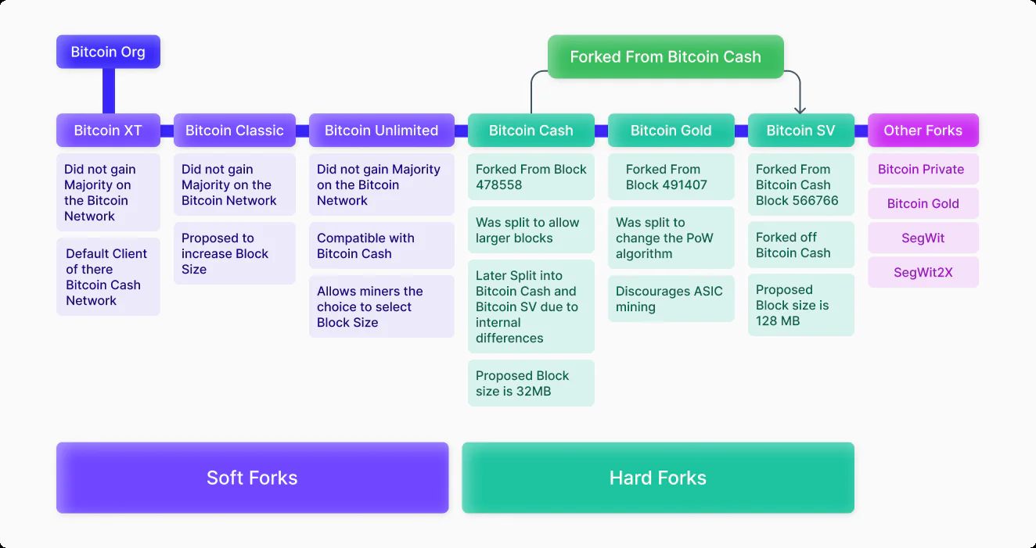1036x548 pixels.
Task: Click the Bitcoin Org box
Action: tap(108, 52)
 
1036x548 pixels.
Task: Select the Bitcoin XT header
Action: tap(108, 131)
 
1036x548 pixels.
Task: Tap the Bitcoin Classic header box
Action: tap(235, 131)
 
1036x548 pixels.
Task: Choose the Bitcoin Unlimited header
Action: tap(382, 131)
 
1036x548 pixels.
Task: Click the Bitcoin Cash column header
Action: tap(531, 131)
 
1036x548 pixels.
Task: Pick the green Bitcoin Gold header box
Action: tap(671, 131)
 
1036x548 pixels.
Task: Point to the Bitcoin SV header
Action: tap(801, 131)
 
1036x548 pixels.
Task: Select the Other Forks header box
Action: tap(923, 131)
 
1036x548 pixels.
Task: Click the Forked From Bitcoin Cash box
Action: tap(666, 57)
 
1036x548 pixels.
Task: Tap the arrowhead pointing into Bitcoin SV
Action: tap(800, 110)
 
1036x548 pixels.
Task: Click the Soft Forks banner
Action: tap(253, 478)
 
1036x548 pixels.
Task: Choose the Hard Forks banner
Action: tap(658, 478)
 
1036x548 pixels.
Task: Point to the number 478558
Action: tap(498, 184)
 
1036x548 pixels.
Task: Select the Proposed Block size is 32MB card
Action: tap(531, 383)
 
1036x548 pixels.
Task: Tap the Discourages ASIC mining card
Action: tap(671, 299)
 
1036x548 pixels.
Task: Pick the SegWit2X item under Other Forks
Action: tap(923, 272)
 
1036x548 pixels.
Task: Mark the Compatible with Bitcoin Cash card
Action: tap(382, 245)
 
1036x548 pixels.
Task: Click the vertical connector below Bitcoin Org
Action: tap(109, 91)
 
